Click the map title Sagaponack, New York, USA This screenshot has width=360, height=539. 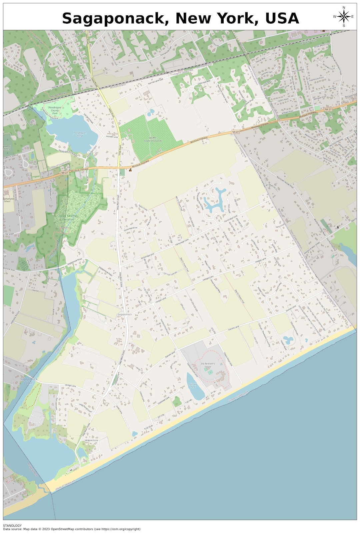click(x=180, y=18)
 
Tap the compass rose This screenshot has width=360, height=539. click(x=344, y=16)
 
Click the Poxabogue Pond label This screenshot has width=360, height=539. click(x=80, y=134)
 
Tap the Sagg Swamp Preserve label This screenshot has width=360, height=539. click(x=68, y=218)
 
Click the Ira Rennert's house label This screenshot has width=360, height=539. click(x=208, y=365)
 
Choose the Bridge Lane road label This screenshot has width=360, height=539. click(x=71, y=386)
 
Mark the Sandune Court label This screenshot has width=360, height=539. click(x=91, y=440)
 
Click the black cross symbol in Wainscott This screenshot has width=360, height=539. click(x=338, y=227)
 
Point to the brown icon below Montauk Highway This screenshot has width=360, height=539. click(x=130, y=170)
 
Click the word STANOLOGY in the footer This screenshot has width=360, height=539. click(x=12, y=526)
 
